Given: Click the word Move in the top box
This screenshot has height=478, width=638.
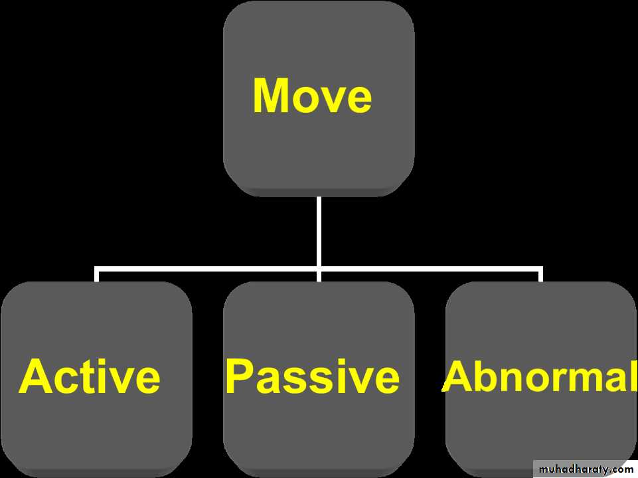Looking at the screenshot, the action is pyautogui.click(x=313, y=95).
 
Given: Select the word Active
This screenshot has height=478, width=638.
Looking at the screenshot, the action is pyautogui.click(x=90, y=376).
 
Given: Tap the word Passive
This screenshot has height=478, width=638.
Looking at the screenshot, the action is pyautogui.click(x=313, y=376).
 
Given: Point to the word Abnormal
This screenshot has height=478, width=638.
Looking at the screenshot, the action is pyautogui.click(x=540, y=376).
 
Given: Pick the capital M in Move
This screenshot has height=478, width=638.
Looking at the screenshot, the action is pyautogui.click(x=271, y=95).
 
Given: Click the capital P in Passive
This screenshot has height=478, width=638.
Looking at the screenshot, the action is pyautogui.click(x=240, y=376).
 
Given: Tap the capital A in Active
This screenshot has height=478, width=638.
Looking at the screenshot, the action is pyautogui.click(x=35, y=376).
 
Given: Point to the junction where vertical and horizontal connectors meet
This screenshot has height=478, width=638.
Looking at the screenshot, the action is pyautogui.click(x=319, y=269).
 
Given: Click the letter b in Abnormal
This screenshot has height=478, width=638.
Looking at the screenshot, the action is pyautogui.click(x=488, y=376).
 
